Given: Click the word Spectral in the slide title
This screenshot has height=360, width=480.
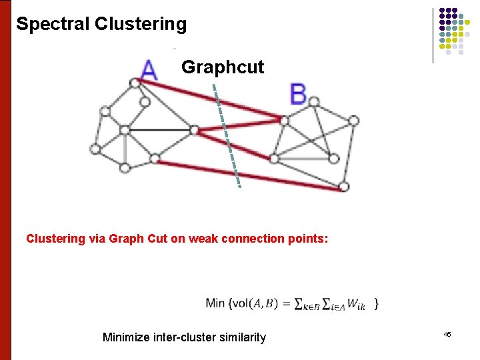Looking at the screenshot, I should coord(53,25).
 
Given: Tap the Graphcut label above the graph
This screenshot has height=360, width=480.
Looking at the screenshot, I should coord(223,67).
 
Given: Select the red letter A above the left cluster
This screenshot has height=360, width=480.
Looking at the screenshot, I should coord(149,69).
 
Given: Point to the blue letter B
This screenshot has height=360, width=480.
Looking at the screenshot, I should coord(298,95).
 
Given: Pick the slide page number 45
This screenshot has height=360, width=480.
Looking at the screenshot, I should coord(447,334).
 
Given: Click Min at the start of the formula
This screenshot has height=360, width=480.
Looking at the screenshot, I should coord(215,303).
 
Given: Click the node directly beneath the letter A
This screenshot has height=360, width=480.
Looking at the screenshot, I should coord(135,83).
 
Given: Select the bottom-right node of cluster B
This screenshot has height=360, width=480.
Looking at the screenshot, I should coord(343,187).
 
